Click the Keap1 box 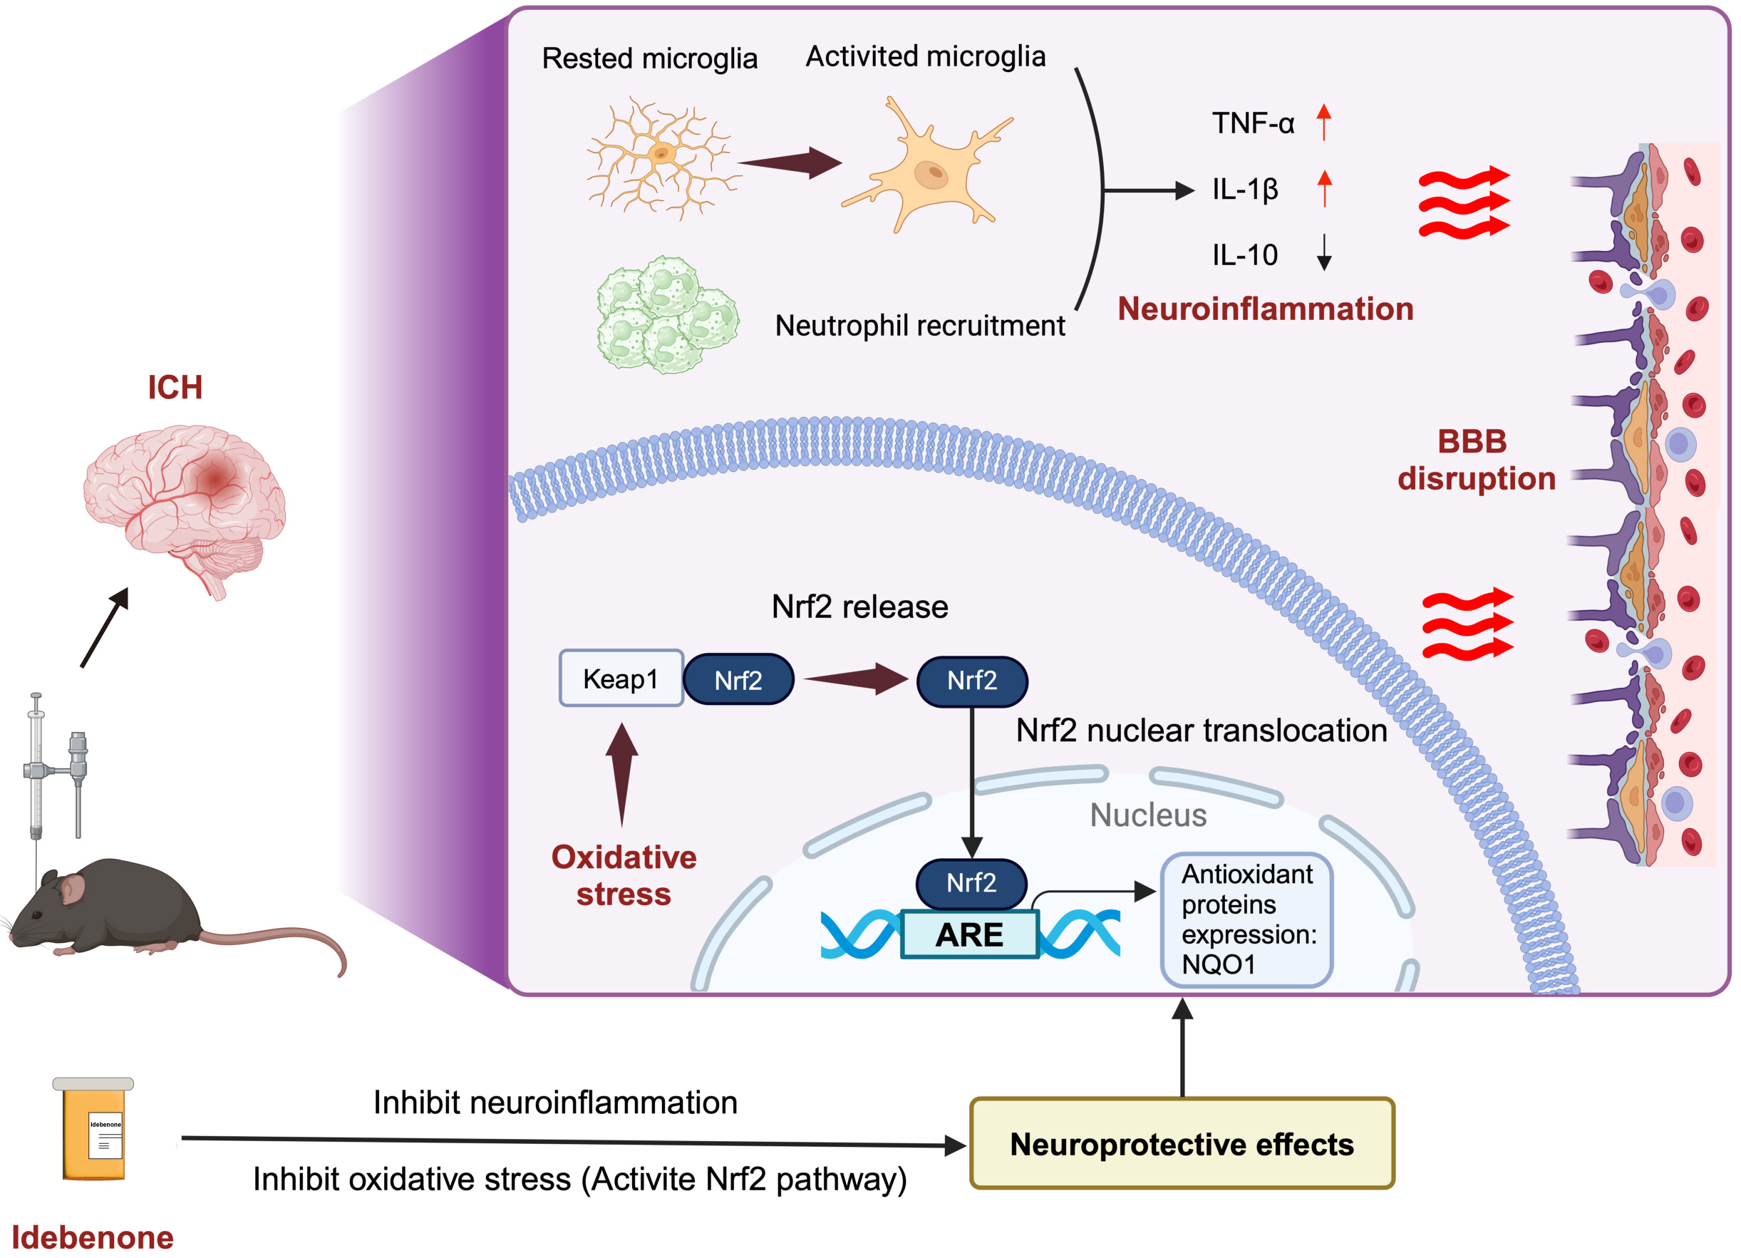620,679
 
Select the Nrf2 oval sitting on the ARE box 971,882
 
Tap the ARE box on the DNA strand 969,935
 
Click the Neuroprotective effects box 1182,1144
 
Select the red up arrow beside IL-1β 1324,189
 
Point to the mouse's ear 73,888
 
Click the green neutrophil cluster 666,315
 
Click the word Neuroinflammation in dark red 1265,309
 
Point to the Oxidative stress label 624,875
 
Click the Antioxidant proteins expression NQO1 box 1246,919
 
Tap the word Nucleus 1147,815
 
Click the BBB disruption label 1475,459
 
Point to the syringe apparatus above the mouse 53,768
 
